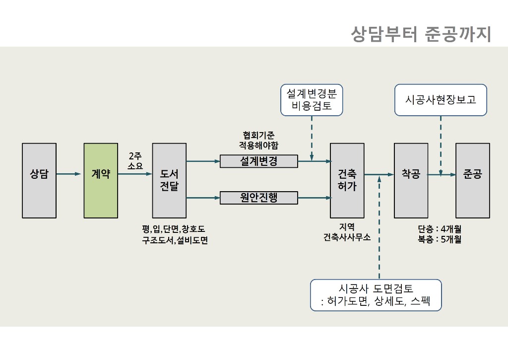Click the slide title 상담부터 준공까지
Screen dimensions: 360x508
[421, 34]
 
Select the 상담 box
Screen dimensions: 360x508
[39, 180]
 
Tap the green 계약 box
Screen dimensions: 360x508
[101, 180]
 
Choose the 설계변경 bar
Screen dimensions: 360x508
[258, 161]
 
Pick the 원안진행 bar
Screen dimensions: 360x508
[258, 198]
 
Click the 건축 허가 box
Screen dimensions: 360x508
[347, 180]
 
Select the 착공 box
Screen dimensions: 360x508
[411, 180]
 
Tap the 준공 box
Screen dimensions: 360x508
[472, 180]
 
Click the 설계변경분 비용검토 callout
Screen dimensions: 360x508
[312, 100]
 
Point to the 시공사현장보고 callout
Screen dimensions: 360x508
[441, 100]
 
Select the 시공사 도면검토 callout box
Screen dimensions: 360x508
[376, 295]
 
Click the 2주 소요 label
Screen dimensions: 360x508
[135, 161]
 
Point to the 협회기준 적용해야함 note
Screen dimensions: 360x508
[258, 140]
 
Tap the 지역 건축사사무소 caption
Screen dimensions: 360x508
[347, 232]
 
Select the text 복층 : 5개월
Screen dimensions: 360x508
[440, 239]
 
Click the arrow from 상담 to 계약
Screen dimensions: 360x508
[68, 174]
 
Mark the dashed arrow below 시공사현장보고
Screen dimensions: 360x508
[441, 144]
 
